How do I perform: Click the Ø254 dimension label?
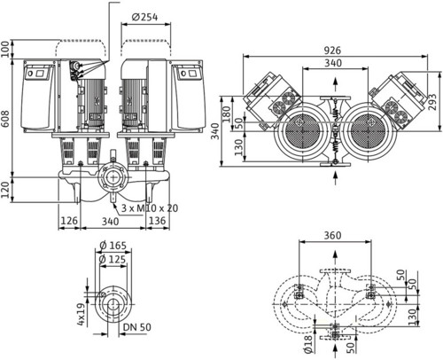(x=144, y=17)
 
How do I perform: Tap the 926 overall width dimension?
(x=332, y=51)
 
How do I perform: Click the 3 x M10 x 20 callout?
(x=150, y=208)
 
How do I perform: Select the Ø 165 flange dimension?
(x=113, y=246)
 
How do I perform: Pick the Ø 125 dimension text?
(x=113, y=259)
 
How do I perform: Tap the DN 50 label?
(x=136, y=327)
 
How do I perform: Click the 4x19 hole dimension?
(x=81, y=314)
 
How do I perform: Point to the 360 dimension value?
(x=332, y=235)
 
